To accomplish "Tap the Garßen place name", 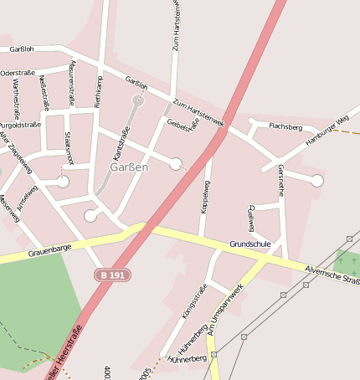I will [129, 167].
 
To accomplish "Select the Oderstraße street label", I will [18, 73].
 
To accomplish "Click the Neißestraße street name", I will [44, 91].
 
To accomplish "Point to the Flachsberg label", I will [285, 126].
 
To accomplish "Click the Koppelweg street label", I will [207, 197].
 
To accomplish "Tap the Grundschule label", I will [250, 244].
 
